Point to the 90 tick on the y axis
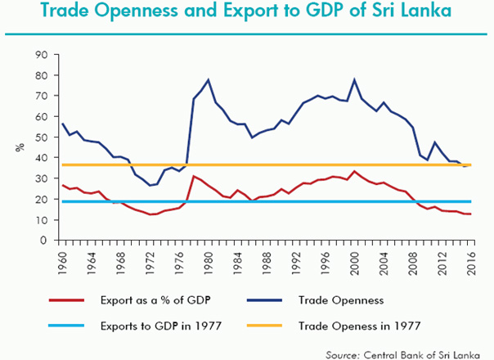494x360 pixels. click(39, 55)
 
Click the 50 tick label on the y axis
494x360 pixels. click(39, 137)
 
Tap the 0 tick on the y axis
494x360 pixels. click(43, 241)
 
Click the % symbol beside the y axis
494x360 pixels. click(17, 147)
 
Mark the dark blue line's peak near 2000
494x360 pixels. click(354, 79)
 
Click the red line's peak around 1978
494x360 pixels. click(193, 176)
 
